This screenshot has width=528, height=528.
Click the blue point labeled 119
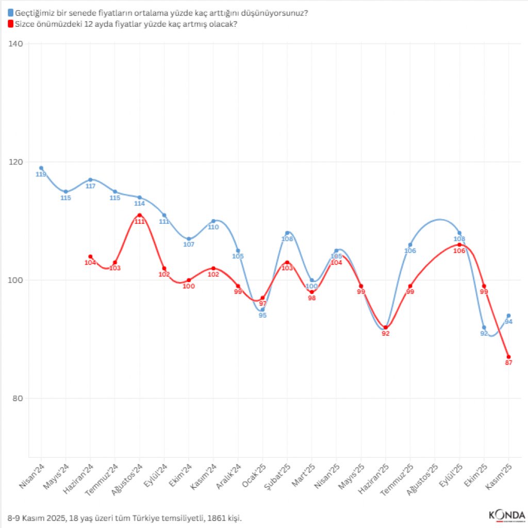pos(41,168)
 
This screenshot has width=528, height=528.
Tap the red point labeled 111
pos(140,215)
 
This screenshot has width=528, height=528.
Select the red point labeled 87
pos(509,357)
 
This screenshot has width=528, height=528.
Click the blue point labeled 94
pos(509,316)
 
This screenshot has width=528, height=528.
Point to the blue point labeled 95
pos(262,309)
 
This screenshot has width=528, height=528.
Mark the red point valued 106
pos(459,244)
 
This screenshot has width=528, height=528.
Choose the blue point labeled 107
pos(189,239)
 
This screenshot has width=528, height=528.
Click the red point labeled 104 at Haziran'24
pos(90,256)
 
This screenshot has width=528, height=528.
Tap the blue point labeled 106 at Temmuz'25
pos(410,245)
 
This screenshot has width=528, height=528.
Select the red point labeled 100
pos(189,280)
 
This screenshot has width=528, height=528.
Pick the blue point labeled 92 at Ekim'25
pos(484,327)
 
